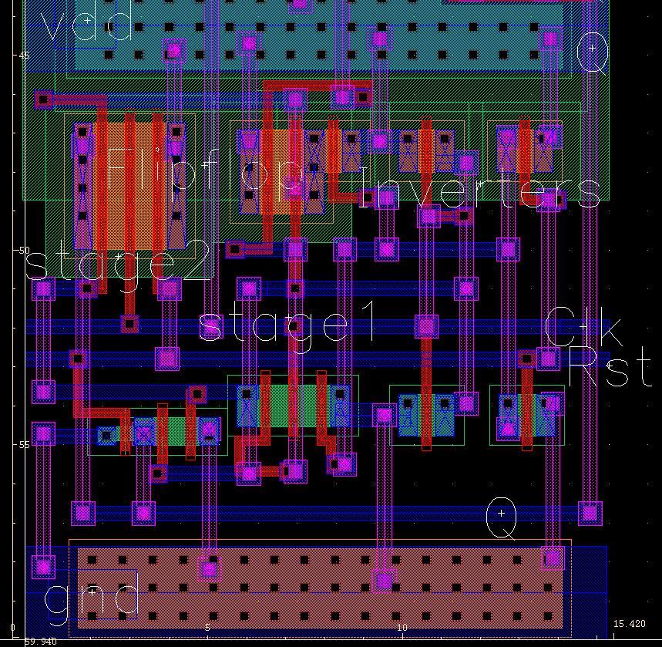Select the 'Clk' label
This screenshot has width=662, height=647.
click(x=583, y=328)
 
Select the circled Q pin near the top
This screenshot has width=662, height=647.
click(x=593, y=49)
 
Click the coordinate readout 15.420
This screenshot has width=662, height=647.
click(x=629, y=624)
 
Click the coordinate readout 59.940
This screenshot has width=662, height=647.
click(x=40, y=642)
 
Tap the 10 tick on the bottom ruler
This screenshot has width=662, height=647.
click(x=402, y=628)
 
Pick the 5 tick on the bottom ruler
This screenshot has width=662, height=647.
click(x=207, y=628)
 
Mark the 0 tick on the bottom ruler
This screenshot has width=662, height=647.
click(x=13, y=628)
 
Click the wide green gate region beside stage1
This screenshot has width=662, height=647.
click(x=293, y=405)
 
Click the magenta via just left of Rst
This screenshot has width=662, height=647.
click(x=547, y=358)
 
